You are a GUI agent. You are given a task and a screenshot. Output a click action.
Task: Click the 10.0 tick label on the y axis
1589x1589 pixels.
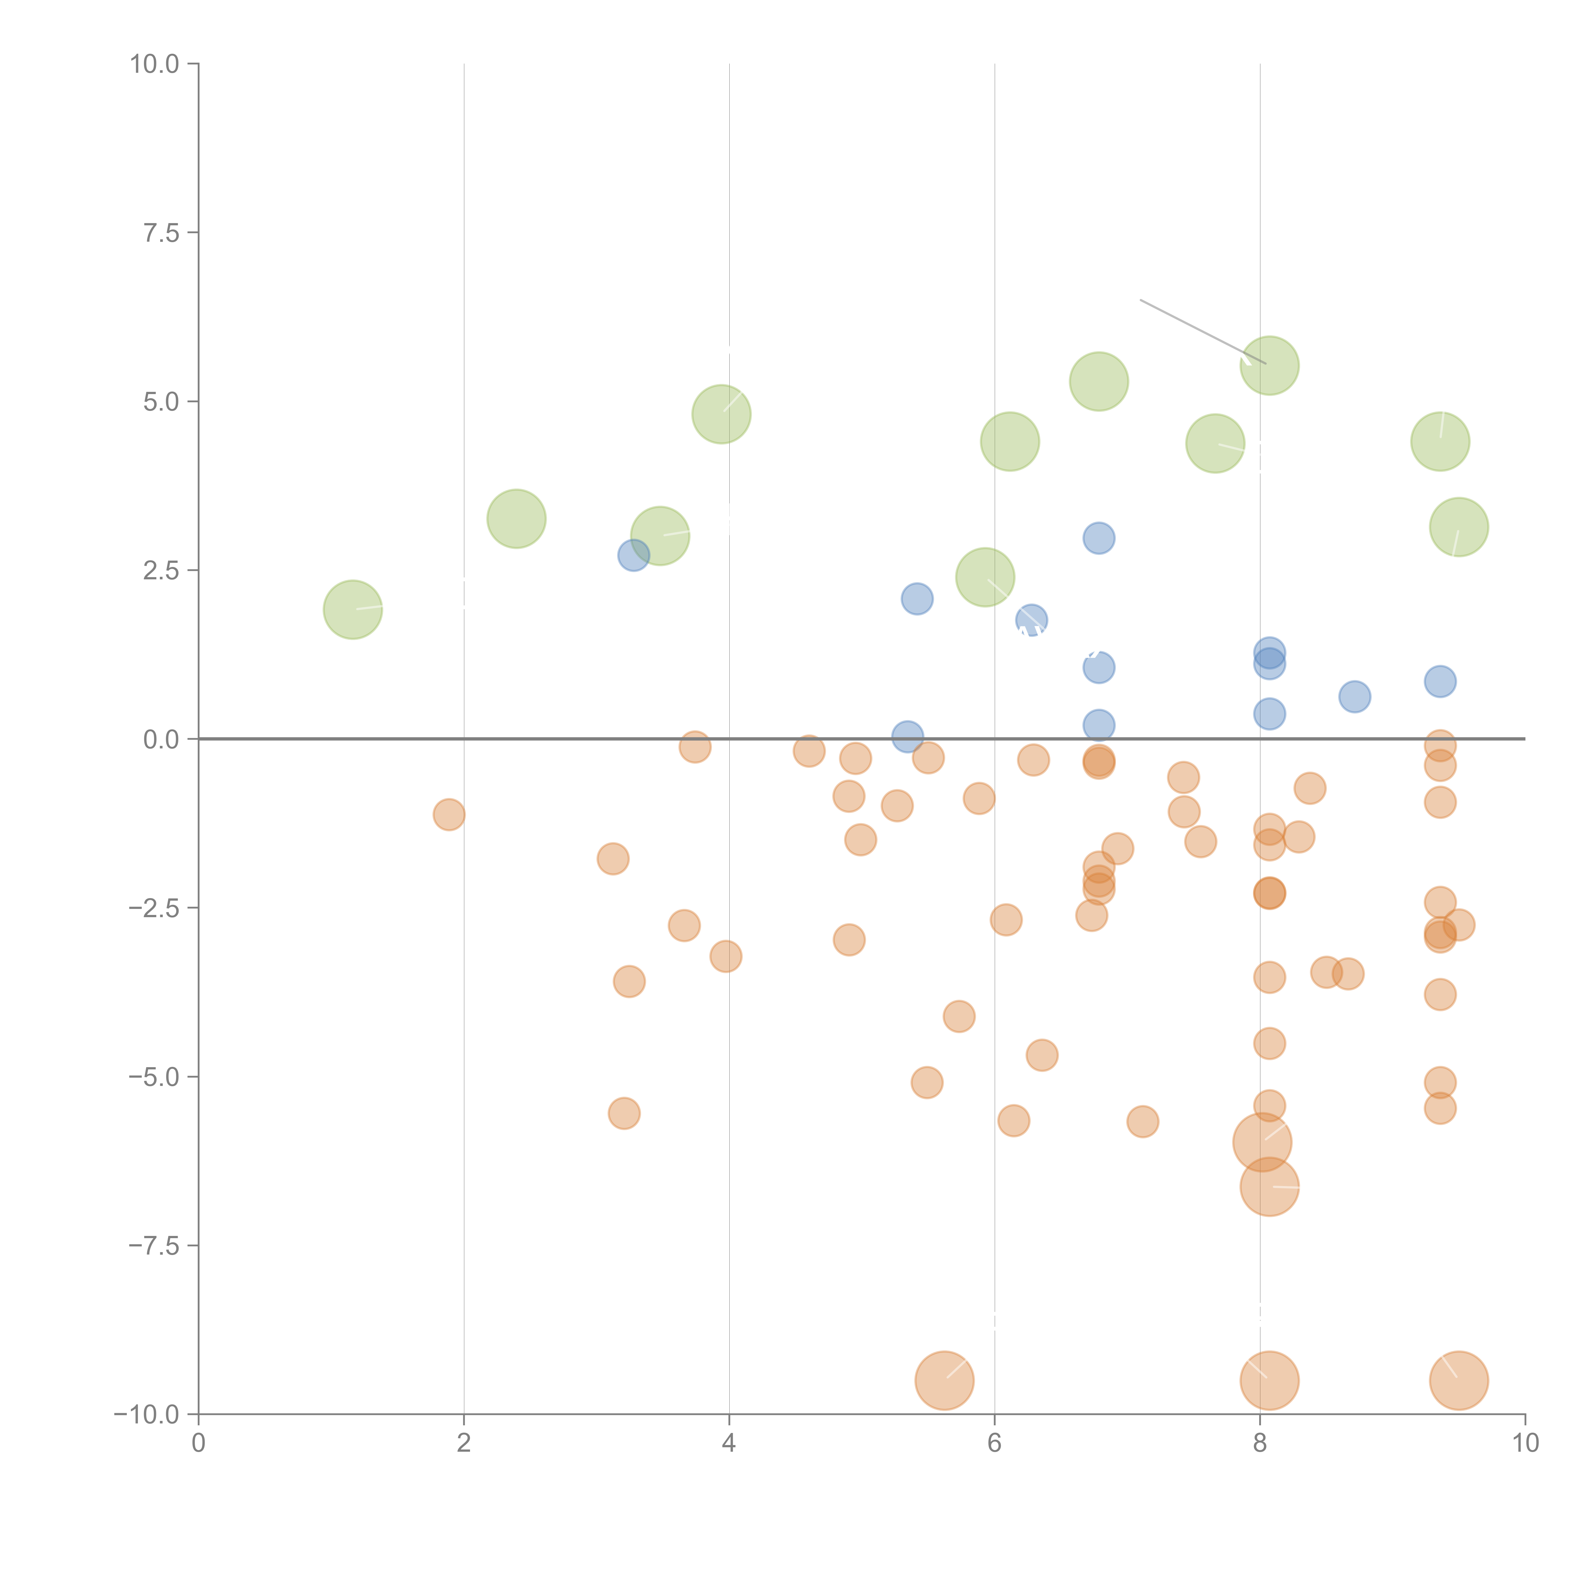[155, 64]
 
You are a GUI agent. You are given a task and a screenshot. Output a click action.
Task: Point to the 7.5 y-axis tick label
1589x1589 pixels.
[161, 233]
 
